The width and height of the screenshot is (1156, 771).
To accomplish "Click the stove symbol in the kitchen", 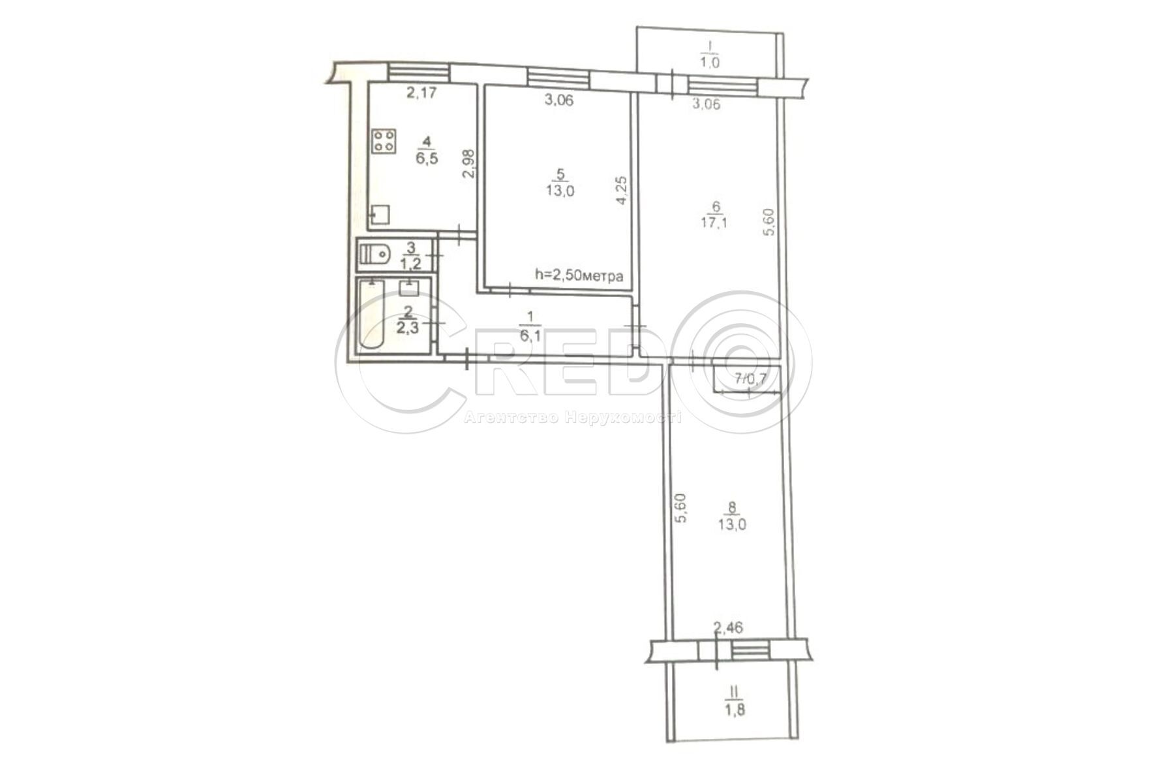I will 384,141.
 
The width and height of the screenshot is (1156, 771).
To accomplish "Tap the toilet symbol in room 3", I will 374,254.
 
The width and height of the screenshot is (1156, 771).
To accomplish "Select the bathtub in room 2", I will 371,317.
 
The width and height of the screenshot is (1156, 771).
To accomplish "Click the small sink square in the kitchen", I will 380,214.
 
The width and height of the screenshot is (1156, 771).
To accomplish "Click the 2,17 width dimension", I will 421,93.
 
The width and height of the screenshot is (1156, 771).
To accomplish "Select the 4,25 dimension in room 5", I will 622,191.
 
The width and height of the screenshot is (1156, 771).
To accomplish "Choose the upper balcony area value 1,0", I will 710,63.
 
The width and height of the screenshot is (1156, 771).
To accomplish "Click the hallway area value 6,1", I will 530,336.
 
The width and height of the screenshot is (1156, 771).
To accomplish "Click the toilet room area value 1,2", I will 409,264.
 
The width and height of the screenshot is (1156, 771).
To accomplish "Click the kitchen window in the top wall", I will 418,70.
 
